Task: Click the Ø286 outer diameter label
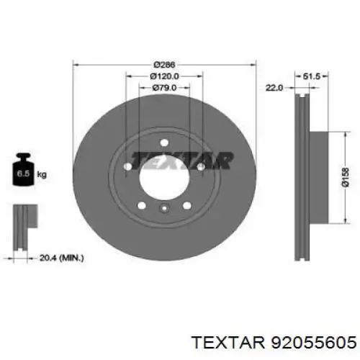click(x=164, y=65)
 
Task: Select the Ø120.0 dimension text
click(x=164, y=76)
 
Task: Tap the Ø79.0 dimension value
click(x=164, y=88)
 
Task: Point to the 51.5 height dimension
click(x=311, y=76)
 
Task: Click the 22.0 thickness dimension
click(x=274, y=88)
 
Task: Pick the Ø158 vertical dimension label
click(x=346, y=177)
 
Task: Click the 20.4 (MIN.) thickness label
click(x=61, y=258)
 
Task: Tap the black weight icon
click(x=23, y=169)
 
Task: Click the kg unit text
click(x=42, y=174)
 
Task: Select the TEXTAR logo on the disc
click(x=181, y=160)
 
